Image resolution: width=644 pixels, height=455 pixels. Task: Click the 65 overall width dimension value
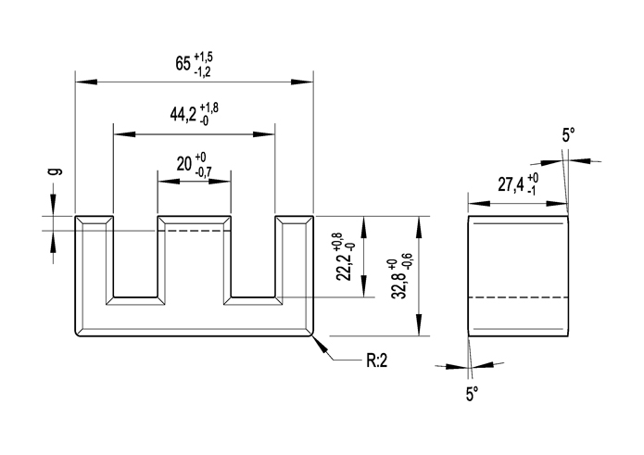coord(183,65)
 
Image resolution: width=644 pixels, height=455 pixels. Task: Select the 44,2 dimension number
coord(183,116)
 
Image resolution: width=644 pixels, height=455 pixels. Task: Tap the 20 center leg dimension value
coord(183,164)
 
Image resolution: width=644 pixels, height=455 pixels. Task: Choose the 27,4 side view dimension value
coord(511,184)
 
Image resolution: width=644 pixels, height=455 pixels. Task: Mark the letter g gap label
coord(54,171)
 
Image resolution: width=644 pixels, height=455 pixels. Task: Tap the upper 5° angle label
coord(569,135)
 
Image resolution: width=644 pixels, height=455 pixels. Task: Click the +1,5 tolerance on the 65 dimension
coord(205,57)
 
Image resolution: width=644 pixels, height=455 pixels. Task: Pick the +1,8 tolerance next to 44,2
coord(208,108)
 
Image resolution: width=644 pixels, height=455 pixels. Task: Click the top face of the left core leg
coord(95,220)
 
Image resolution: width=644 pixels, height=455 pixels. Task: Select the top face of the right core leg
coord(293,220)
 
